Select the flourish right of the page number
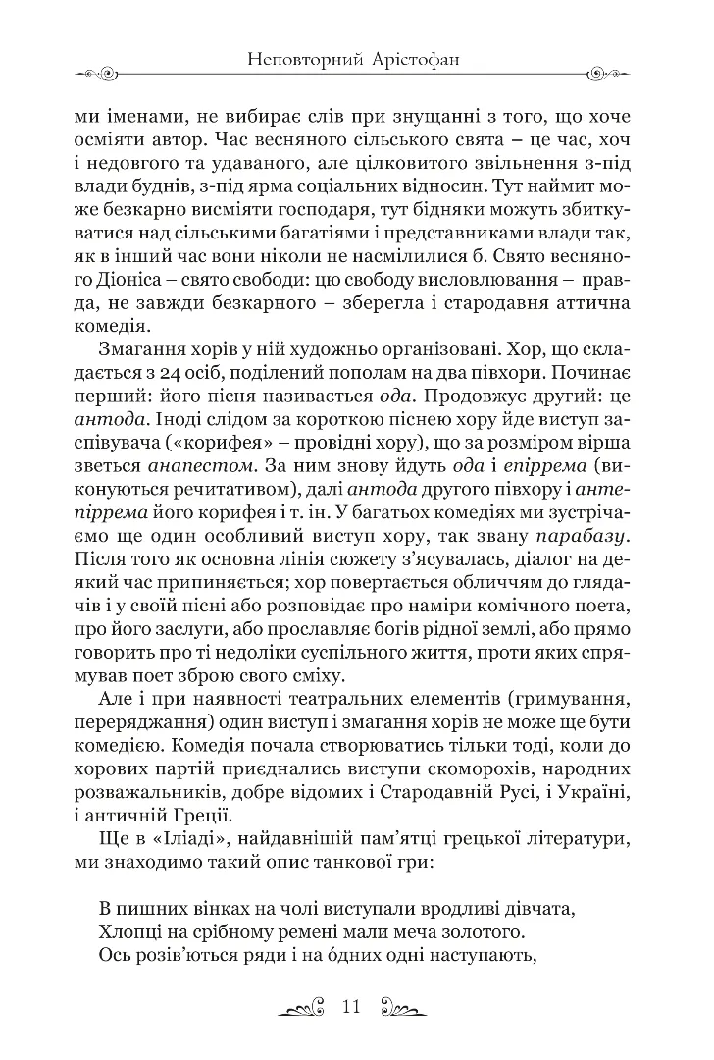tap(409, 1008)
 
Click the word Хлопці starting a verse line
tap(133, 929)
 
